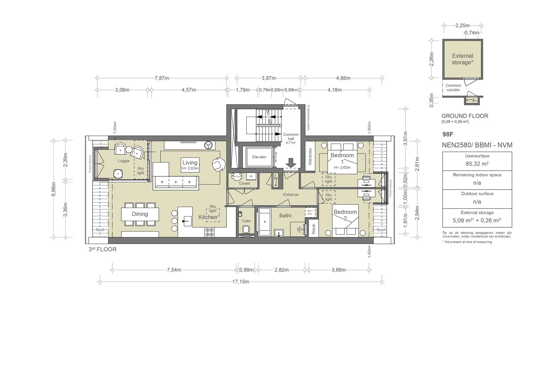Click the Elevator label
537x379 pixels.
pyautogui.click(x=259, y=157)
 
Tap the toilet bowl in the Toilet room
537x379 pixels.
pyautogui.click(x=246, y=230)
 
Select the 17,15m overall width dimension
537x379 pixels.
pyautogui.click(x=240, y=282)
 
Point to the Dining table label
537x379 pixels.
pyautogui.click(x=140, y=214)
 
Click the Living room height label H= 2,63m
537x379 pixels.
pyautogui.click(x=190, y=168)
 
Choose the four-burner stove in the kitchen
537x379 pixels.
pyautogui.click(x=210, y=232)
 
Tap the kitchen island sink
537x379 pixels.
pyautogui.click(x=187, y=221)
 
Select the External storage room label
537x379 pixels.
pyautogui.click(x=463, y=59)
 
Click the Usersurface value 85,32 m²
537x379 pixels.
pyautogui.click(x=477, y=164)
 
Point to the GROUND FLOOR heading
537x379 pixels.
pyautogui.click(x=465, y=116)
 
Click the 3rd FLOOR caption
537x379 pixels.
pyautogui.click(x=103, y=249)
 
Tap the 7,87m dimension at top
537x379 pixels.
pyautogui.click(x=162, y=78)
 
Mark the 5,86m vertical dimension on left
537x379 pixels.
pyautogui.click(x=53, y=189)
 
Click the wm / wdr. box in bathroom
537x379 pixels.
pyautogui.click(x=310, y=212)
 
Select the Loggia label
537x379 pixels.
pyautogui.click(x=123, y=161)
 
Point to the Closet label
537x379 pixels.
pyautogui.click(x=244, y=183)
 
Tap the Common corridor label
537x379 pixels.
pyautogui.click(x=453, y=87)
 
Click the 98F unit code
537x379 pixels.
pyautogui.click(x=448, y=134)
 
